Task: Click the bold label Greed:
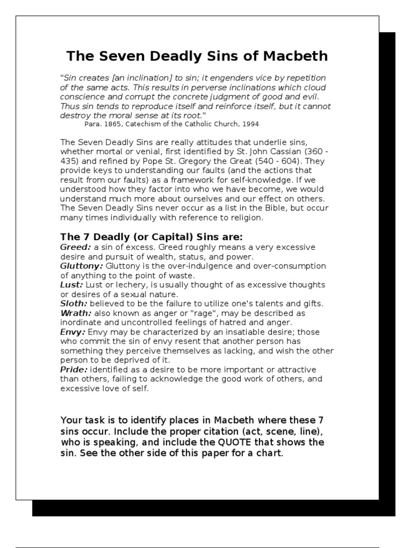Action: pos(75,247)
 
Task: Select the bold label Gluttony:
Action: pos(82,266)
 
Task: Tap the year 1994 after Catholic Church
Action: pos(250,124)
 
